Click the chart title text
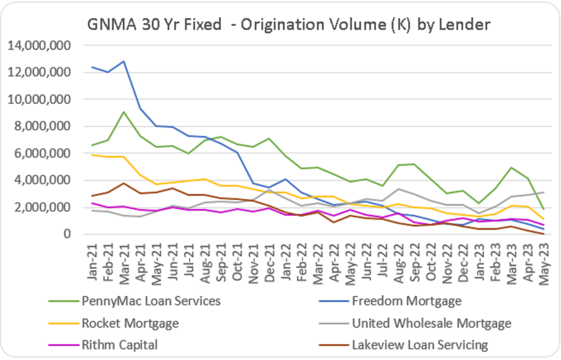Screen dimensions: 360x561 (289, 25)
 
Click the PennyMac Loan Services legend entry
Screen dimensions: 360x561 (150, 301)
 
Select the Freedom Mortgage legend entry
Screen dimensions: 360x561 (406, 301)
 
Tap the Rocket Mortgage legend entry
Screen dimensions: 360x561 (130, 323)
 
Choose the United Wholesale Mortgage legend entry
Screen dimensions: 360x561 (431, 323)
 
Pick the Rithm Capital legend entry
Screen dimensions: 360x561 (119, 345)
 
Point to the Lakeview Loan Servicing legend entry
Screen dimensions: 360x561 (419, 345)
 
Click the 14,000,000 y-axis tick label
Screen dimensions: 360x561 (39, 46)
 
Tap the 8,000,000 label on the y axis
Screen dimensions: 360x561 (39, 126)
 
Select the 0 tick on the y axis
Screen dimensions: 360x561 (67, 234)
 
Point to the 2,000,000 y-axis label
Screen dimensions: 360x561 (39, 207)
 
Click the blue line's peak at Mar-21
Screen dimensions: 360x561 (124, 61)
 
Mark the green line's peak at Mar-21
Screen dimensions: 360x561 (124, 112)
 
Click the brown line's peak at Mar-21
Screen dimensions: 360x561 (124, 183)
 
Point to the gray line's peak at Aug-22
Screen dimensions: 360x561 (399, 189)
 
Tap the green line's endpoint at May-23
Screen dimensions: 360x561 (544, 209)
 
